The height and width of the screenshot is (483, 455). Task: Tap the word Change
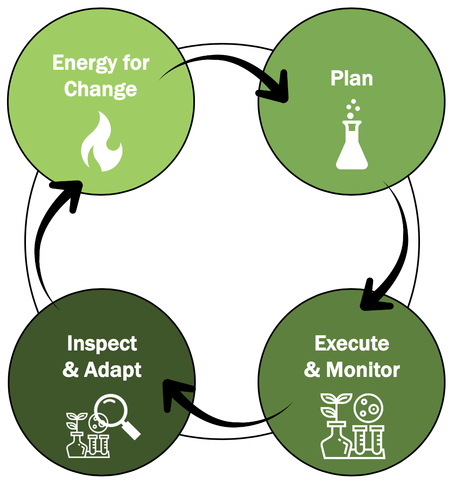pyautogui.click(x=101, y=89)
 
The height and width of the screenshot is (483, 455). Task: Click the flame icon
pyautogui.click(x=101, y=142)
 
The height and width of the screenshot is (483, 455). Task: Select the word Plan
pyautogui.click(x=352, y=78)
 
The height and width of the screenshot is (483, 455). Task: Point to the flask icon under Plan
pyautogui.click(x=352, y=147)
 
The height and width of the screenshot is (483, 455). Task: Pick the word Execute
pyautogui.click(x=352, y=343)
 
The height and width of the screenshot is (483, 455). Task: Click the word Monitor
pyautogui.click(x=363, y=370)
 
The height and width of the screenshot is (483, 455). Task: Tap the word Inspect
pyautogui.click(x=102, y=344)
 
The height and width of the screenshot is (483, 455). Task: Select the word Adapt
pyautogui.click(x=113, y=370)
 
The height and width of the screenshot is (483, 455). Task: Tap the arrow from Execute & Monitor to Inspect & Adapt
pyautogui.click(x=223, y=421)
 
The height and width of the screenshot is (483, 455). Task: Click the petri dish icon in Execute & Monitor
pyautogui.click(x=368, y=408)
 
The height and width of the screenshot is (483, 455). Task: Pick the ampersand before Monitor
pyautogui.click(x=312, y=370)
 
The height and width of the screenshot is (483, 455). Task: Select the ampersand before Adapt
pyautogui.click(x=71, y=370)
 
